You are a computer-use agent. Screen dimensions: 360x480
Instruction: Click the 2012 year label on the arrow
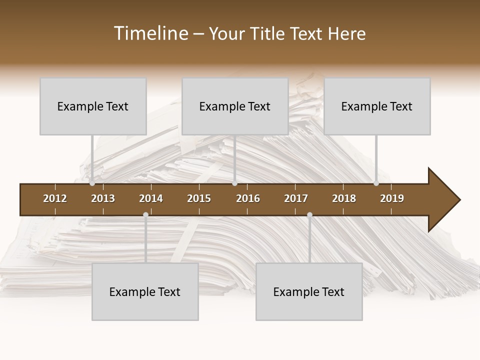click(55, 198)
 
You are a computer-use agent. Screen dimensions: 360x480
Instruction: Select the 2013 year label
click(103, 198)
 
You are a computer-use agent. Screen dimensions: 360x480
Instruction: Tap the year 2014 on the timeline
click(151, 198)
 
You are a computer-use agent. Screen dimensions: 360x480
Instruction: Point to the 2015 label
click(199, 198)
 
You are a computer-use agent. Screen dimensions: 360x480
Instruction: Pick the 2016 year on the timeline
click(248, 198)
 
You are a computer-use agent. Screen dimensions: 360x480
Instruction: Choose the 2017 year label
click(296, 198)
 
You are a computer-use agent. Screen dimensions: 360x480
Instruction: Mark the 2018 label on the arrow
click(344, 198)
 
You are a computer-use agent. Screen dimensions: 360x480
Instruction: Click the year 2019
click(392, 198)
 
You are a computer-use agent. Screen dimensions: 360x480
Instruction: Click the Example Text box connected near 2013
click(93, 106)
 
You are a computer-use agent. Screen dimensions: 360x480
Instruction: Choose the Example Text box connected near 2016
click(235, 106)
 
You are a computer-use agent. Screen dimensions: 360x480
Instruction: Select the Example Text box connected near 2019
click(377, 106)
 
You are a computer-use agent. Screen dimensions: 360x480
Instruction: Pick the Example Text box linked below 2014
click(145, 291)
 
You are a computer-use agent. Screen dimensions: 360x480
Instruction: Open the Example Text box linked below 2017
click(309, 291)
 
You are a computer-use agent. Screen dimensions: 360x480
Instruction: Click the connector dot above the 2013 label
click(92, 183)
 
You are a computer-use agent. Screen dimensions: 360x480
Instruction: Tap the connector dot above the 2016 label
click(234, 183)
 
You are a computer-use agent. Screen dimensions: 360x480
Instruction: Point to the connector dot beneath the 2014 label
click(145, 215)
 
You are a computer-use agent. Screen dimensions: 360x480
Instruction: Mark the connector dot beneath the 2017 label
click(309, 215)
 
